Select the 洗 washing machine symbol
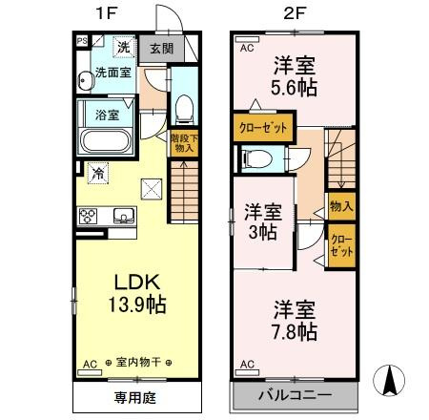tap(123, 47)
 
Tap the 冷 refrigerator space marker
tap(98, 173)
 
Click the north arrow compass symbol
tap(389, 383)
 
